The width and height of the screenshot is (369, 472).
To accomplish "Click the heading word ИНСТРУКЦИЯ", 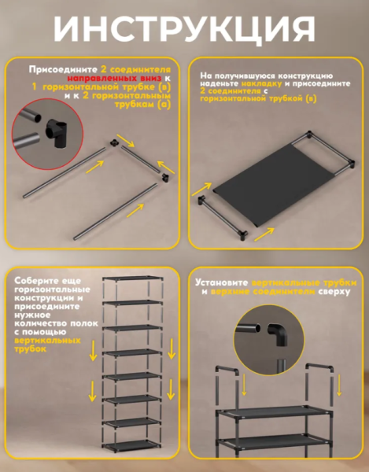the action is [x=184, y=28].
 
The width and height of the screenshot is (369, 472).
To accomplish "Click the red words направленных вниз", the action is [x=114, y=78].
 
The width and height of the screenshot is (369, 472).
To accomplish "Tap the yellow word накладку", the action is [x=261, y=83].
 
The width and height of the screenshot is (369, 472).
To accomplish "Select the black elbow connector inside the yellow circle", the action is [x=278, y=334].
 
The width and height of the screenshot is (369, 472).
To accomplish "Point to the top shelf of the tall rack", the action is [x=132, y=278].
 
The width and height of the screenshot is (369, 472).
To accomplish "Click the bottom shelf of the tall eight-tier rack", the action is [x=131, y=444].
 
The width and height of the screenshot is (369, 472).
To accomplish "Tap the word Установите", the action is [x=222, y=282].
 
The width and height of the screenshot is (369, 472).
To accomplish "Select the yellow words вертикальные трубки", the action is [x=304, y=283].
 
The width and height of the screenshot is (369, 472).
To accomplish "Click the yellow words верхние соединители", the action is [x=263, y=292].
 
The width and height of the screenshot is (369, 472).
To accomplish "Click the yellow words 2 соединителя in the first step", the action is [x=136, y=69].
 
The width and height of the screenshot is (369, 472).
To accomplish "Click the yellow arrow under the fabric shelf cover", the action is [x=264, y=234].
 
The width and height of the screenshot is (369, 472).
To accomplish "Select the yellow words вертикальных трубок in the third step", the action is [x=47, y=345].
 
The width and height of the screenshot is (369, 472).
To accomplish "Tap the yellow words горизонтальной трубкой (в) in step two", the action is [x=258, y=99].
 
